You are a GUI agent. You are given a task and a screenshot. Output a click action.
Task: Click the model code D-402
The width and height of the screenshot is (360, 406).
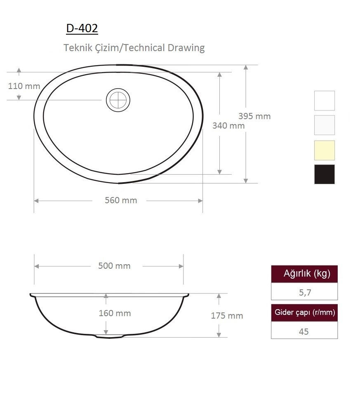(82, 28)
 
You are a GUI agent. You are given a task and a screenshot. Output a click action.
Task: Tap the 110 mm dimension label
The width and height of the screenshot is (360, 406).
(24, 86)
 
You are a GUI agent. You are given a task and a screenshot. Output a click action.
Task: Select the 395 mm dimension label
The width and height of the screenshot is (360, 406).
(254, 116)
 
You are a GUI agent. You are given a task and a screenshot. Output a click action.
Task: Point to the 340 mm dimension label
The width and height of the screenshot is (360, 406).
(228, 126)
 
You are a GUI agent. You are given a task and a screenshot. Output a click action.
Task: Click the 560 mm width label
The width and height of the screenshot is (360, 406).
(121, 200)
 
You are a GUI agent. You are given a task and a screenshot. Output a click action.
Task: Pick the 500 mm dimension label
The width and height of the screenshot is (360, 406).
(114, 266)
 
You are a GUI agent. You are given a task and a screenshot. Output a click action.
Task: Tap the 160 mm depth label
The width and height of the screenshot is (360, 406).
(115, 313)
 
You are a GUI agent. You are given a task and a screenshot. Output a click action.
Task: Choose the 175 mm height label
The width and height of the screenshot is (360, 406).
(227, 316)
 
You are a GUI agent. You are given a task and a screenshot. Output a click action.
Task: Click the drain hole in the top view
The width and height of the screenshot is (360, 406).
(118, 100)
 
